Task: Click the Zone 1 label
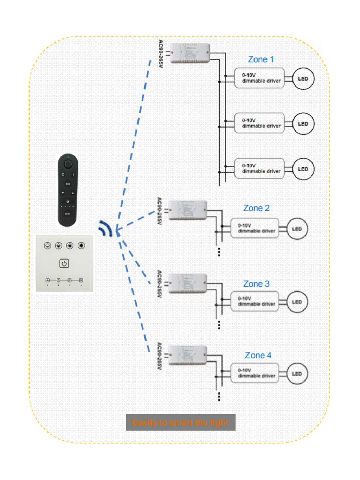[261, 59]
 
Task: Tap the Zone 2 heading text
[256, 208]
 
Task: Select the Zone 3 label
[256, 284]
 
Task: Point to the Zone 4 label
[258, 356]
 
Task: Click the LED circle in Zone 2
[297, 229]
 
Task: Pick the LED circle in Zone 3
[297, 302]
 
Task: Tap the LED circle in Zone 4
[297, 374]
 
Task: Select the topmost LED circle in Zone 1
[303, 79]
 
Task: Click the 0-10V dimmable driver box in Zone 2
[255, 228]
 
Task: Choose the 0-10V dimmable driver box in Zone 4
[255, 373]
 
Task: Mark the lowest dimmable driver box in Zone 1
[259, 168]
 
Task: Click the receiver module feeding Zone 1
[190, 53]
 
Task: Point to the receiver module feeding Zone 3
[187, 283]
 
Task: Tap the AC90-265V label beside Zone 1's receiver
[161, 54]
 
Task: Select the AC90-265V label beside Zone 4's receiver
[159, 356]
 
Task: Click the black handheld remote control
[68, 190]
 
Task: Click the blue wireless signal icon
[105, 228]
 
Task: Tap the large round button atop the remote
[68, 164]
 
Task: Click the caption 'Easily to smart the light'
[180, 422]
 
